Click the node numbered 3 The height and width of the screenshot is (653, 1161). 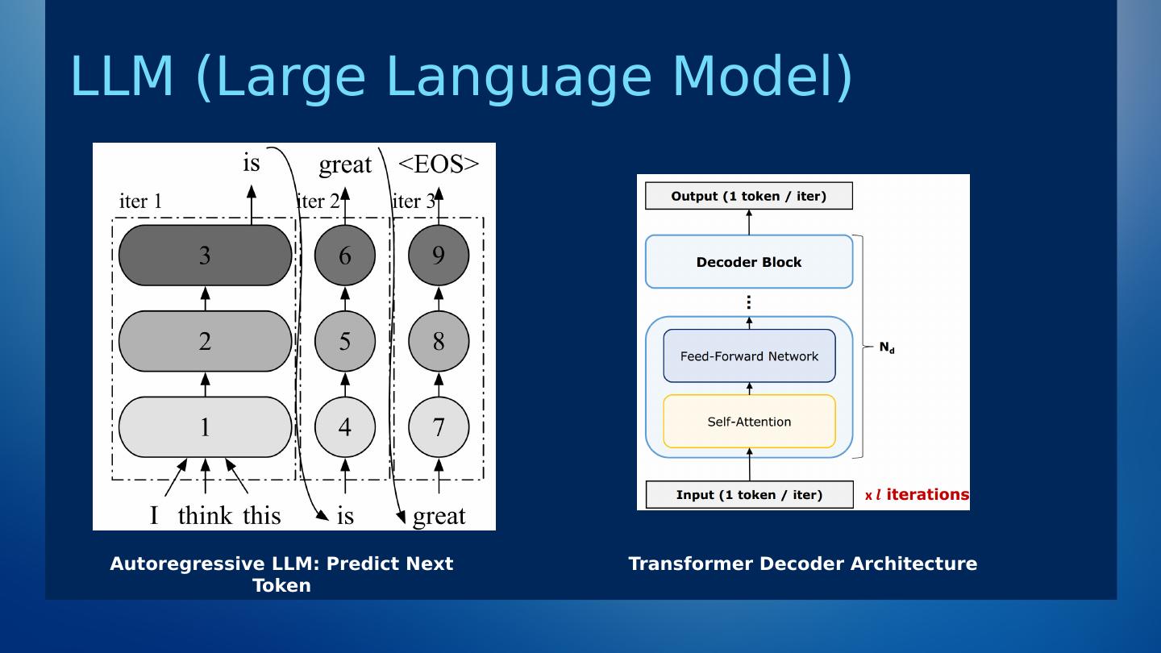(205, 256)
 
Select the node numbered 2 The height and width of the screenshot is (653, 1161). (205, 341)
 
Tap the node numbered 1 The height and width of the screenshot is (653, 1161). (205, 426)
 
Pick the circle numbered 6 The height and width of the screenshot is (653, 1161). (345, 256)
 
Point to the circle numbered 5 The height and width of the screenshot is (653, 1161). (345, 341)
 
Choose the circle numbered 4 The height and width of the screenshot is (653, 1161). (345, 426)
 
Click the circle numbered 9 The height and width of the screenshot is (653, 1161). (439, 256)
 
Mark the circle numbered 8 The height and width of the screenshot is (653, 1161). (439, 341)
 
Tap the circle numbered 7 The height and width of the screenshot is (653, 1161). (439, 426)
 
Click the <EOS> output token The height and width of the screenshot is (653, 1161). (439, 164)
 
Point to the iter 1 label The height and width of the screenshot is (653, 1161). (140, 202)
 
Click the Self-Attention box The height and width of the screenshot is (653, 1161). (749, 422)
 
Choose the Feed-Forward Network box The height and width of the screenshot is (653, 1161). (749, 356)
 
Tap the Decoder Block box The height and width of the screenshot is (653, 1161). (749, 262)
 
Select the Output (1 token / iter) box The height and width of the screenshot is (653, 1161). (748, 196)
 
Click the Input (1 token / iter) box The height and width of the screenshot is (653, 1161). (749, 495)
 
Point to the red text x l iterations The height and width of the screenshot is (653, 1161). (917, 495)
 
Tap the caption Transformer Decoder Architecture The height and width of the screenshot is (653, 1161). (802, 564)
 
